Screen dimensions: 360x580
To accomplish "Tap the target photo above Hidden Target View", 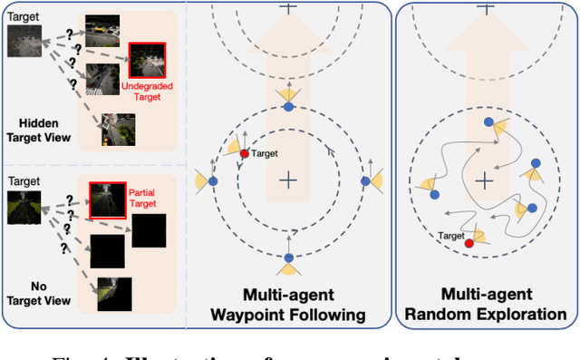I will coord(24,42).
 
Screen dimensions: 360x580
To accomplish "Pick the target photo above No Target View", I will coord(22,205).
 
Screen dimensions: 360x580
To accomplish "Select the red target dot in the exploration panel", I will coord(469,243).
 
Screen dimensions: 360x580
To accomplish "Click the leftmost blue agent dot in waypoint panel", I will coord(213,181).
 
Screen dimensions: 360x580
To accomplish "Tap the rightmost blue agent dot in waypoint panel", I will coord(364,181).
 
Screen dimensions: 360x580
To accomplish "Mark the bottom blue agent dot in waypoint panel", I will coord(288,258).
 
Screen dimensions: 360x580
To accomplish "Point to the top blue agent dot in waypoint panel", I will coord(288,107).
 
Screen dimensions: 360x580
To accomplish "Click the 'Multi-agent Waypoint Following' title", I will coord(288,305).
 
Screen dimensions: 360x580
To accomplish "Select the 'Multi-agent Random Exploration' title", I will coord(486,305).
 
